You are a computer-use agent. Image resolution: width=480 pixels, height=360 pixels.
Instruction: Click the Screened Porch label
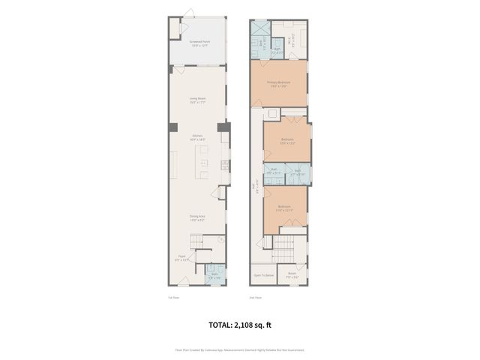[x=199, y=42]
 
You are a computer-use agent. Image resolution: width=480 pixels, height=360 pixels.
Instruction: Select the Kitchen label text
[x=198, y=136]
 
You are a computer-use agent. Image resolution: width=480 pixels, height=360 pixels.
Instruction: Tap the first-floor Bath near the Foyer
[x=214, y=274]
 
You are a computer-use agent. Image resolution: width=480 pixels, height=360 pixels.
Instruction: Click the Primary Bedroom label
[x=277, y=83]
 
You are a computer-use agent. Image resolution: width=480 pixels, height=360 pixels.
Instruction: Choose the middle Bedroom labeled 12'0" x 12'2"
[x=287, y=140]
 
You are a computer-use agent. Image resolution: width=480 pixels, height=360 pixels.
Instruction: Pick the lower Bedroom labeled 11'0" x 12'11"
[x=284, y=208]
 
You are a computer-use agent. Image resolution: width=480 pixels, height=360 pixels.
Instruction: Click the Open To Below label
[x=262, y=275]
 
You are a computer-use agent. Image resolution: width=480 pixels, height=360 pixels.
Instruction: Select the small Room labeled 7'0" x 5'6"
[x=292, y=274]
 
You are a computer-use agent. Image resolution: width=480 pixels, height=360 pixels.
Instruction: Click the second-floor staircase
[x=283, y=246]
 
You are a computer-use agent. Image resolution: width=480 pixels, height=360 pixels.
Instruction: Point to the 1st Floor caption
[x=173, y=297]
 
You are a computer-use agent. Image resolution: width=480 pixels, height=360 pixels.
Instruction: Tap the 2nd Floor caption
[x=256, y=297]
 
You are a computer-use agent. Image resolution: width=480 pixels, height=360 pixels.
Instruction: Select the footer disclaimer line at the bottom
[x=240, y=349]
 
